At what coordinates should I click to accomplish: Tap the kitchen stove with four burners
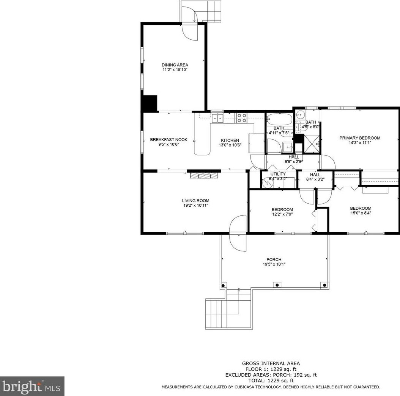pos(242,118)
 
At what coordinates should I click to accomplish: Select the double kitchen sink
pos(217,118)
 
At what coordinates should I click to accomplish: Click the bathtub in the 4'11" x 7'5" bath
pos(279,120)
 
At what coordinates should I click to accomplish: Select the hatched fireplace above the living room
pos(204,175)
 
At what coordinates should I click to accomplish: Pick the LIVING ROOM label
pos(195,201)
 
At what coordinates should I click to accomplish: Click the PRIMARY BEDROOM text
pos(359,138)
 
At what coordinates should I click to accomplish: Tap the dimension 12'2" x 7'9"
pos(282,214)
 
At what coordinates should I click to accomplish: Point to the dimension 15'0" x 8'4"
pos(360,213)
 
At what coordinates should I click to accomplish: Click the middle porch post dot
pos(277,285)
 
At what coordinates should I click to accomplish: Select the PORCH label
pos(274,259)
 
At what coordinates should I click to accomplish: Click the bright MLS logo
pos(32,387)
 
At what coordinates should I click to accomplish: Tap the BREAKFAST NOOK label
pos(169,139)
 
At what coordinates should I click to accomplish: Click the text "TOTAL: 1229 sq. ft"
pos(271,380)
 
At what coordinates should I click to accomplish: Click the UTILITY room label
pos(278,174)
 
